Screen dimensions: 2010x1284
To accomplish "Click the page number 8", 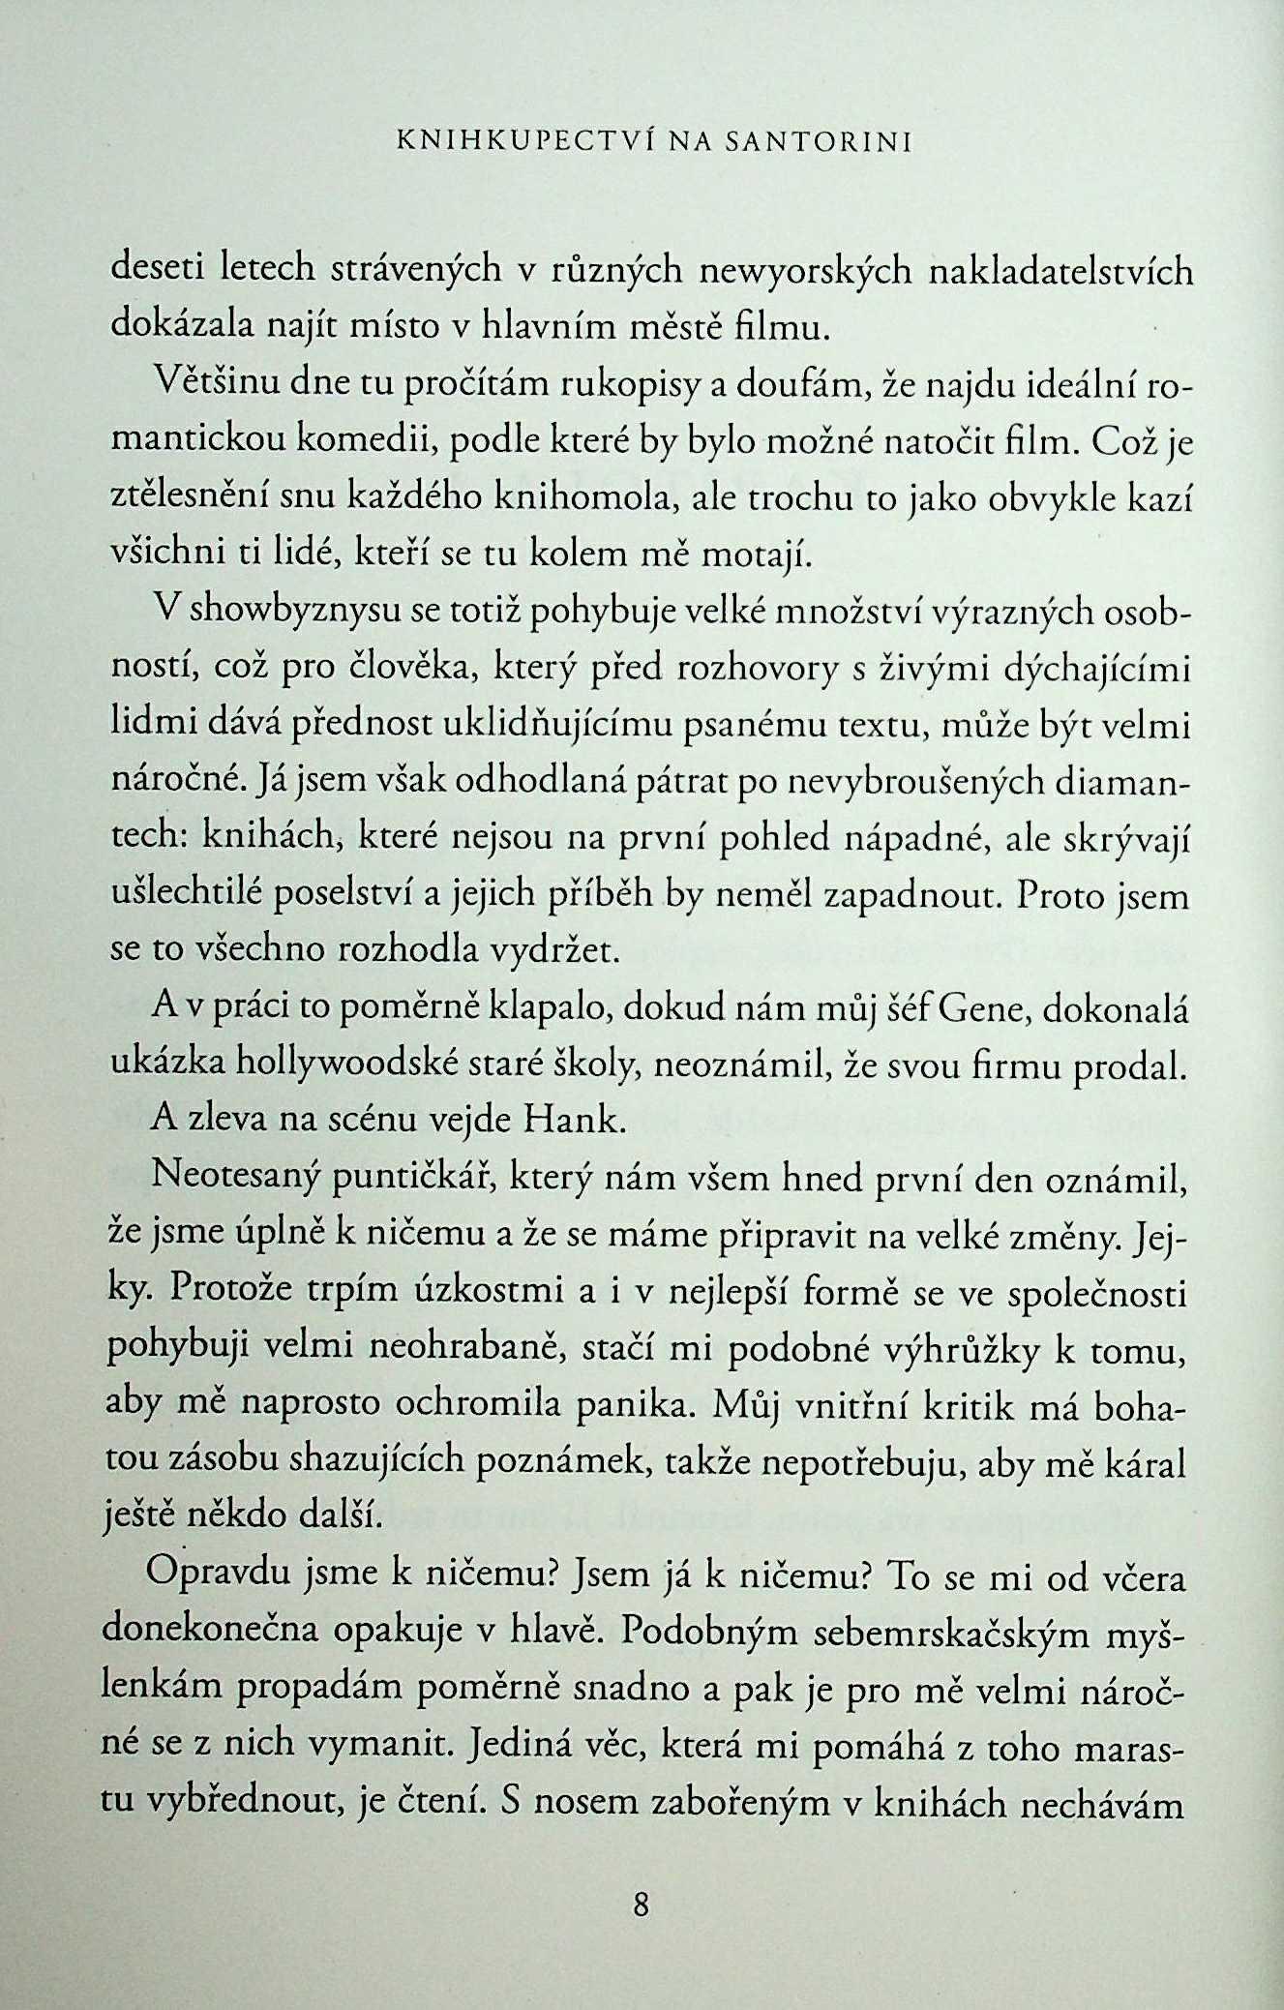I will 641,1905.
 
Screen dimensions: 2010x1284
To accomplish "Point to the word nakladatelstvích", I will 1060,271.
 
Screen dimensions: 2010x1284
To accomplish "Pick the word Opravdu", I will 217,1578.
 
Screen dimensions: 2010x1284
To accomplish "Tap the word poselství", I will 346,895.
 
